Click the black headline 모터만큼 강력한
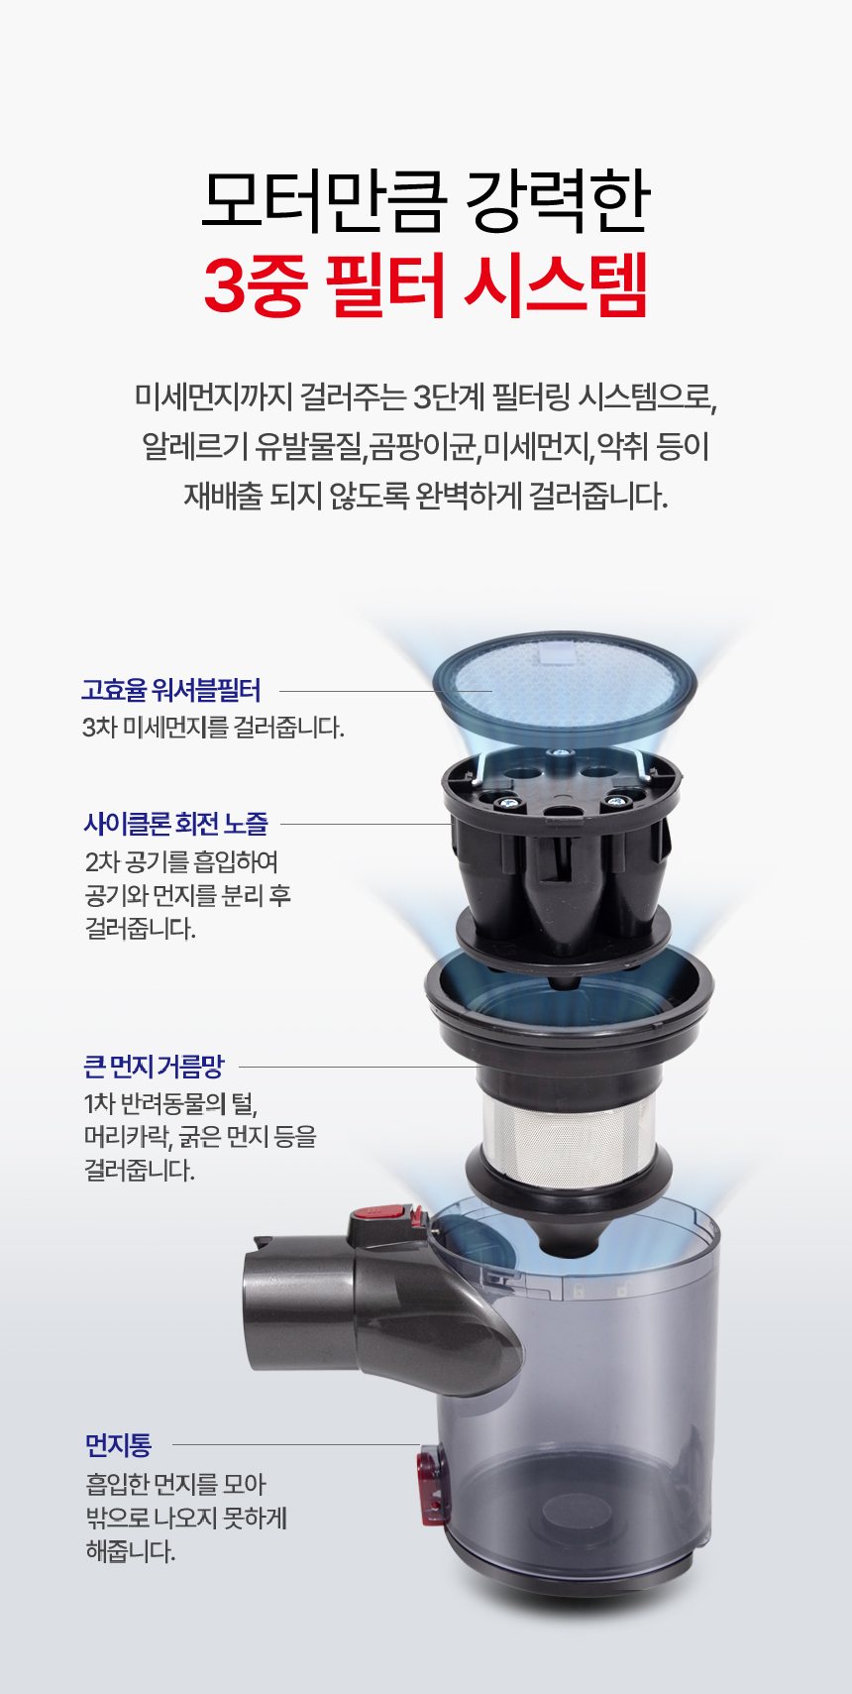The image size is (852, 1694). pyautogui.click(x=426, y=202)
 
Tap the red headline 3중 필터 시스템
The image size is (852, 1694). pyautogui.click(x=426, y=286)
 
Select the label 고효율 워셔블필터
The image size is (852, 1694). pyautogui.click(x=170, y=690)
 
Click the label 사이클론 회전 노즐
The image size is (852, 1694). pyautogui.click(x=176, y=823)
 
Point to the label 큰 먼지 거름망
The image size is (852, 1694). pyautogui.click(x=155, y=1067)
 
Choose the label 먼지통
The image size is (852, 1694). pyautogui.click(x=118, y=1444)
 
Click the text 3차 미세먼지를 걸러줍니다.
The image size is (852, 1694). pyautogui.click(x=213, y=728)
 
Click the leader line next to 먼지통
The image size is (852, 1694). pyautogui.click(x=295, y=1444)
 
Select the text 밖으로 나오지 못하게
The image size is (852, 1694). pyautogui.click(x=186, y=1517)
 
